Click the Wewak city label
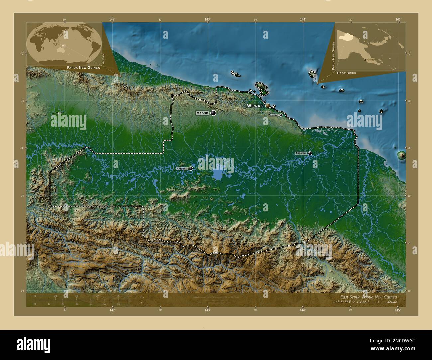(x=255, y=106)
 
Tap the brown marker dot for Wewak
(x=268, y=106)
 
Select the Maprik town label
(x=202, y=113)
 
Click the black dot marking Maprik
(x=213, y=113)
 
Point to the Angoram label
(x=301, y=153)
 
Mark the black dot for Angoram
(x=310, y=153)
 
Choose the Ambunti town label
(x=182, y=169)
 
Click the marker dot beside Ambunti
(x=191, y=169)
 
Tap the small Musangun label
(x=273, y=115)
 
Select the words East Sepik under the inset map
(x=347, y=73)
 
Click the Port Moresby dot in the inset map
(x=365, y=60)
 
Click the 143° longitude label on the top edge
(x=207, y=19)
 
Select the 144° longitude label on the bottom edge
(x=302, y=310)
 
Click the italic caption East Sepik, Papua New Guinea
(x=368, y=297)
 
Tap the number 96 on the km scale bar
(x=118, y=296)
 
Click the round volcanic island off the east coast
(x=401, y=155)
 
